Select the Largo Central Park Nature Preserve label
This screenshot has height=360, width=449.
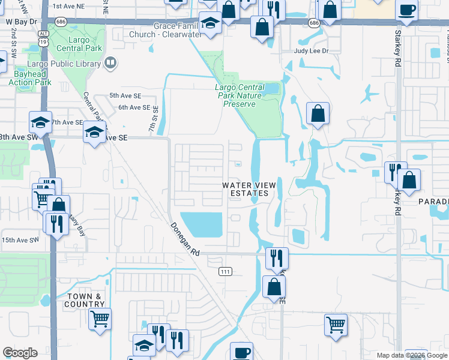pyautogui.click(x=240, y=95)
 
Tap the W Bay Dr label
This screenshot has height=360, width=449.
pyautogui.click(x=22, y=21)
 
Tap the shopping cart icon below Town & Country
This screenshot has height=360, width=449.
pyautogui.click(x=100, y=319)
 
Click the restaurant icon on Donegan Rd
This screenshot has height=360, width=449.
pyautogui.click(x=277, y=258)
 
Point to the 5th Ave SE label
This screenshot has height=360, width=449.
pyautogui.click(x=125, y=95)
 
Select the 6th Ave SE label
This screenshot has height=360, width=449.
pyautogui.click(x=134, y=107)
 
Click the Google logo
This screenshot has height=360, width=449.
pyautogui.click(x=20, y=353)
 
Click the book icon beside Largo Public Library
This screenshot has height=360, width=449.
pyautogui.click(x=110, y=62)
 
